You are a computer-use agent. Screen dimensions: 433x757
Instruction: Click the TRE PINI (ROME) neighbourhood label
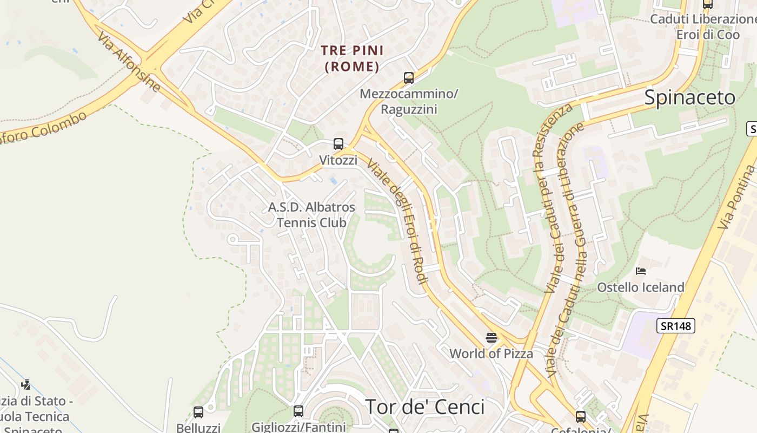(x=352, y=58)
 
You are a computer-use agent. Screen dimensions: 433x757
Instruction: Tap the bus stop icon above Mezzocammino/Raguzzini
(x=409, y=78)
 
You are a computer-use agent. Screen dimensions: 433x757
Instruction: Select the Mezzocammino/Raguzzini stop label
(x=409, y=101)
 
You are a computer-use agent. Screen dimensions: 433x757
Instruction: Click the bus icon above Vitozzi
(x=338, y=144)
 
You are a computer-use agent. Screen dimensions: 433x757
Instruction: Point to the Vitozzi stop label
(x=338, y=160)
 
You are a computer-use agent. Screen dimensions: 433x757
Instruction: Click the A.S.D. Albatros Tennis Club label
(x=312, y=214)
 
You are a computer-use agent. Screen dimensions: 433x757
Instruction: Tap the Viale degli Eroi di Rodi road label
(x=397, y=221)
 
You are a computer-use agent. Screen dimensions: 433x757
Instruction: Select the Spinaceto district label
(x=689, y=97)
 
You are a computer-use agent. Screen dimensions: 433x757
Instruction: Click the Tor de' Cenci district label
(x=425, y=406)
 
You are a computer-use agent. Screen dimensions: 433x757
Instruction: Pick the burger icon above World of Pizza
(x=492, y=338)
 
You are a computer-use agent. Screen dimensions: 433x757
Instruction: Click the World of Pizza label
(x=492, y=354)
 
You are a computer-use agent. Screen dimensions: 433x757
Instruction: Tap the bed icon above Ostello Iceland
(x=641, y=271)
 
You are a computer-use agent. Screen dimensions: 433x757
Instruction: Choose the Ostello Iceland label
(x=641, y=287)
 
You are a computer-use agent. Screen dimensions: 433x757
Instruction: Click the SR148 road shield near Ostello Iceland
(x=676, y=326)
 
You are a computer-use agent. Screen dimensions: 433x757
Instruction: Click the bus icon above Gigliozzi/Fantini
(x=298, y=411)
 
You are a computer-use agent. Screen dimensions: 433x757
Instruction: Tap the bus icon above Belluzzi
(x=198, y=412)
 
